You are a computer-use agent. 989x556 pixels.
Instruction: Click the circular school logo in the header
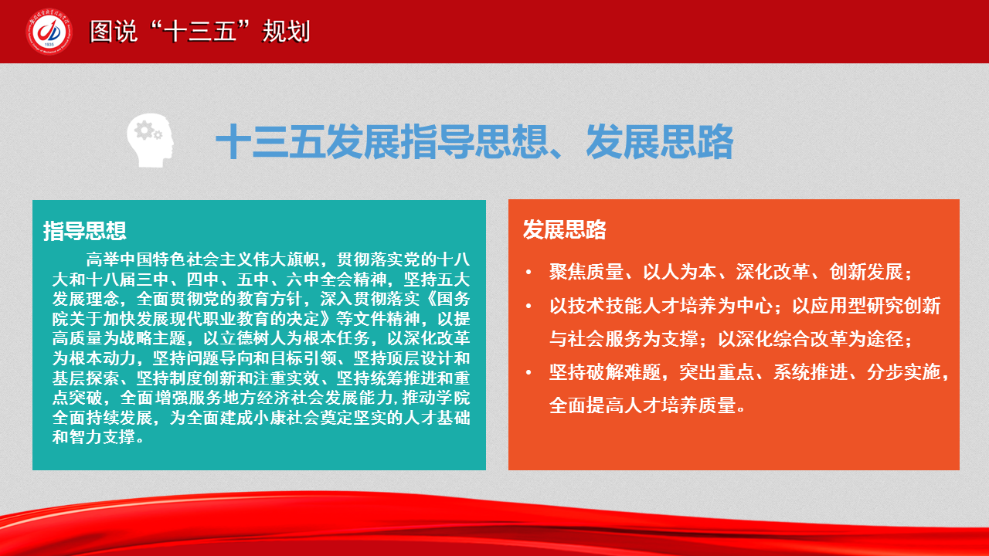49,32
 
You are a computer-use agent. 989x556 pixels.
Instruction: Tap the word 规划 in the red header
286,32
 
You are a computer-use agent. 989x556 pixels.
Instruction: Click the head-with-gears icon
150,141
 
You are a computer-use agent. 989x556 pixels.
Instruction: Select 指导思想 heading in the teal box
85,231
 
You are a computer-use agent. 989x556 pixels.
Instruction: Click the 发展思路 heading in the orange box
565,230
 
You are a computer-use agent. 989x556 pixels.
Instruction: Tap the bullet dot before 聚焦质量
528,273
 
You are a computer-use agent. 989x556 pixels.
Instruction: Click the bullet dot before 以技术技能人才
528,307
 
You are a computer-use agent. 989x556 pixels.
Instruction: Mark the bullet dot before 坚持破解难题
528,373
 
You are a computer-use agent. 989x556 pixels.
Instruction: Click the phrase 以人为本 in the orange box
679,272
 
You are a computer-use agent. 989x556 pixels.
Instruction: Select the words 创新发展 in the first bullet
866,272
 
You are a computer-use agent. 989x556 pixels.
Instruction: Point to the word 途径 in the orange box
885,339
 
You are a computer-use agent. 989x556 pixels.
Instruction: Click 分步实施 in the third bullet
903,372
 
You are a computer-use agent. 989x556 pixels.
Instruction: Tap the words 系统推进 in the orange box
811,372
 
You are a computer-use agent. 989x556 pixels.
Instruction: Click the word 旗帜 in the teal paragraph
303,259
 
